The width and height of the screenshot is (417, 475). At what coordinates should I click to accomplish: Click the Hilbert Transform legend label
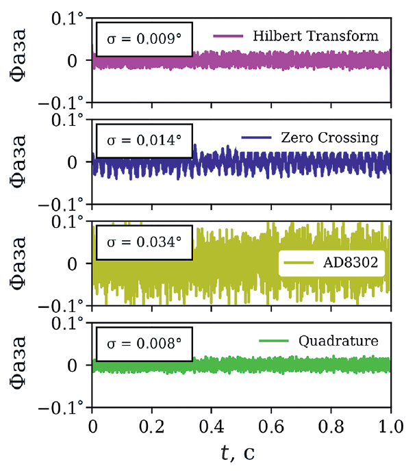click(315, 35)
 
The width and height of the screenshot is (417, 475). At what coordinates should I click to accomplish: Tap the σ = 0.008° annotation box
click(144, 346)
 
